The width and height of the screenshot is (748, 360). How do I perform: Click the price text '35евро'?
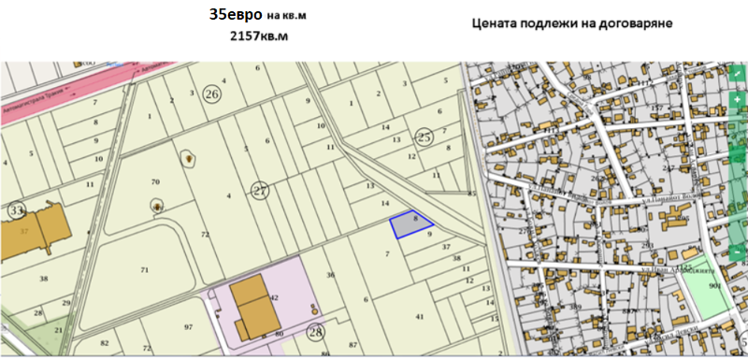coord(236,16)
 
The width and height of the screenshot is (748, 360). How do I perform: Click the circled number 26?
coord(212,94)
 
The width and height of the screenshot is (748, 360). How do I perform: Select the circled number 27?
coord(260,191)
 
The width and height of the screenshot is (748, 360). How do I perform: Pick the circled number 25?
coord(424,137)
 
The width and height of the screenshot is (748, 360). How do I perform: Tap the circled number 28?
coord(316,331)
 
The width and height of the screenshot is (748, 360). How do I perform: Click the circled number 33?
coord(15,210)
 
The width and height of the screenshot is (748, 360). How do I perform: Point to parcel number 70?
coord(155,180)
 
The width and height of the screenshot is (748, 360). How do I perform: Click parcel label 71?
coord(144,269)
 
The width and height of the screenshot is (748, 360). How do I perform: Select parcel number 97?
coord(188,326)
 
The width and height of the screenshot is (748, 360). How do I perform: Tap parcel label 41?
coord(419,316)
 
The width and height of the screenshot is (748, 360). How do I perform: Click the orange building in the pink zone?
coord(251,306)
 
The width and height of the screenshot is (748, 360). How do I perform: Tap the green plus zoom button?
coord(737,98)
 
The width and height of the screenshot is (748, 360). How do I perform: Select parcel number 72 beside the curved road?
coord(204,233)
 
